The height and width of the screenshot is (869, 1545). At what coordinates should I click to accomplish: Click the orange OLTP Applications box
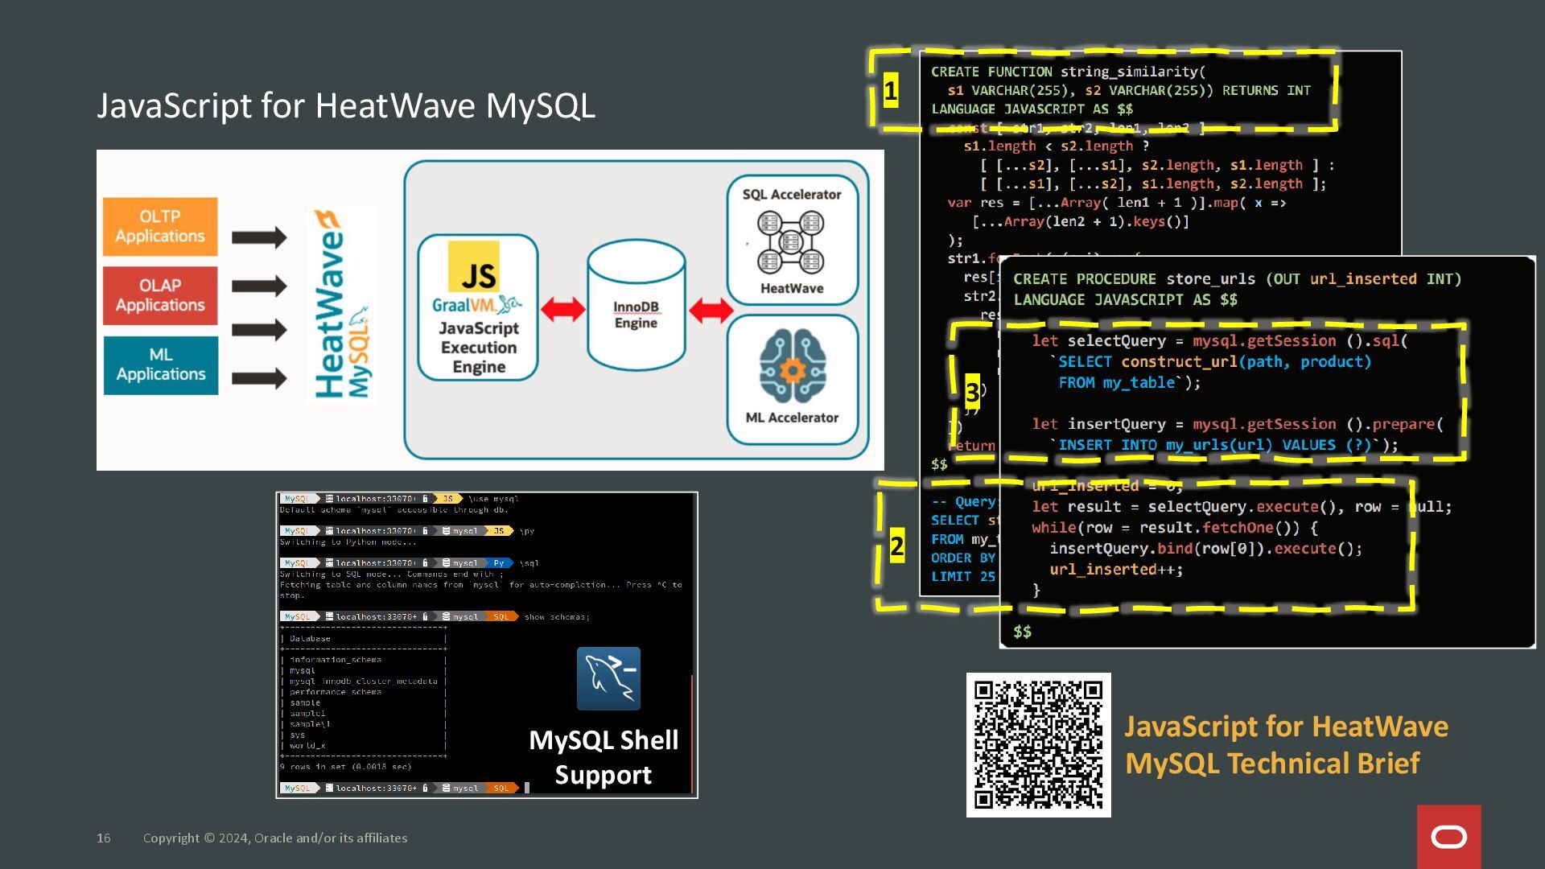[160, 226]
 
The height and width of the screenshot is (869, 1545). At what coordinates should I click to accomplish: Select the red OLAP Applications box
[160, 295]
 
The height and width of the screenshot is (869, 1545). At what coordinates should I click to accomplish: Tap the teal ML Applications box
[160, 364]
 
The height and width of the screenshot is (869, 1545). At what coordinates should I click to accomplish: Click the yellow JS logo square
[474, 266]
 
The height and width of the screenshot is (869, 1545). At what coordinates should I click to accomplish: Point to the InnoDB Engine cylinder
[636, 307]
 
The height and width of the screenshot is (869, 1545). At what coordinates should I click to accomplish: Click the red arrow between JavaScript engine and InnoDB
[562, 309]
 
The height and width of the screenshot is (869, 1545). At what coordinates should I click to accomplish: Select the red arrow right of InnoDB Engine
[711, 310]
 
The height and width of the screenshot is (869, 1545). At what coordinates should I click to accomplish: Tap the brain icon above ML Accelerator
[792, 366]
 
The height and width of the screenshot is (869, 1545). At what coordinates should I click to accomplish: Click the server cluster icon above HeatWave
[790, 241]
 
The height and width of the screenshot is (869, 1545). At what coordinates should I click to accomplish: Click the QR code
[1038, 744]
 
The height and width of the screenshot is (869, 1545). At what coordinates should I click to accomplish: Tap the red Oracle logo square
[1448, 837]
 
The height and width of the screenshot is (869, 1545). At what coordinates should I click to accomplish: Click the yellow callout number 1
[890, 91]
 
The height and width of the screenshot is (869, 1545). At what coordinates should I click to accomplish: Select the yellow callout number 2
[897, 547]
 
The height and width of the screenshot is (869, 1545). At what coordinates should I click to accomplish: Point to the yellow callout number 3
[972, 393]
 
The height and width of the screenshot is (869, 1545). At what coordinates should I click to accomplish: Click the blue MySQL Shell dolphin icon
[608, 678]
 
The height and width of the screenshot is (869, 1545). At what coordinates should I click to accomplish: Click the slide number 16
[104, 838]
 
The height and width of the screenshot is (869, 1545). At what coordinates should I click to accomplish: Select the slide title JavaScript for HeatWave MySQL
[346, 106]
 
